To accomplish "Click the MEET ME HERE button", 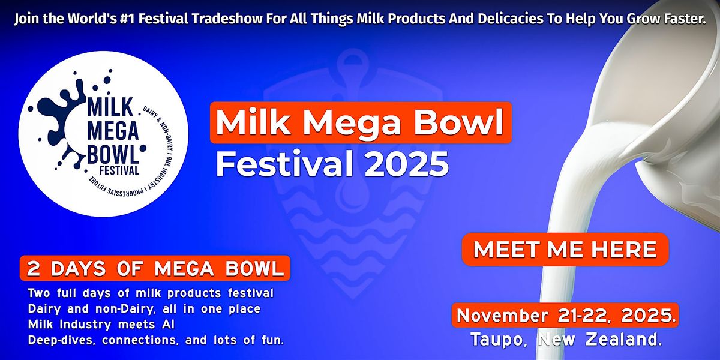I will (565, 249).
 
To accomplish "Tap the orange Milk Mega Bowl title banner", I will (360, 122).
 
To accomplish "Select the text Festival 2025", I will (332, 163).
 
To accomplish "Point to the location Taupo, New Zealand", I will (566, 340).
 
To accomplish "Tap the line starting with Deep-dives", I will (155, 340).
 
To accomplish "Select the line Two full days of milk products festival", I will (150, 294).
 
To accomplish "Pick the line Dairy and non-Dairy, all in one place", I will (143, 310).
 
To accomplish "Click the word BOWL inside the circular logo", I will (113, 152).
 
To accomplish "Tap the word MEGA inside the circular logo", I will (113, 128).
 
